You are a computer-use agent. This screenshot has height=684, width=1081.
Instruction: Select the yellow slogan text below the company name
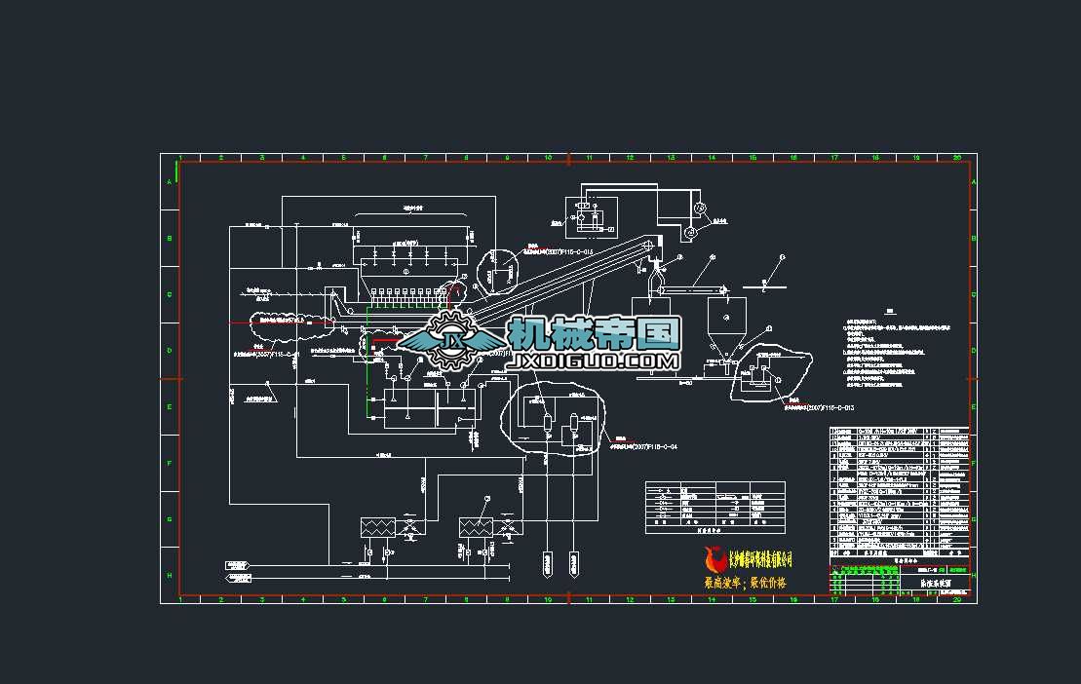pyautogui.click(x=745, y=583)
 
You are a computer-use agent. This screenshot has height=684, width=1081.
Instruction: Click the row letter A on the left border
pyautogui.click(x=170, y=182)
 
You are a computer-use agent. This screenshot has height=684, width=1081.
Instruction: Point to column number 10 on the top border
pyautogui.click(x=549, y=157)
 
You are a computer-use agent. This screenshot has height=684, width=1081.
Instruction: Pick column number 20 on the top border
pyautogui.click(x=957, y=157)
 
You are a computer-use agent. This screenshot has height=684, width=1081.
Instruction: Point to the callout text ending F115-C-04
pyautogui.click(x=643, y=445)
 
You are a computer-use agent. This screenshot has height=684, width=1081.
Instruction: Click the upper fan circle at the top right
pyautogui.click(x=699, y=208)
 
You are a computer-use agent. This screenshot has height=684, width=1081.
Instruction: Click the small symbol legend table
pyautogui.click(x=714, y=506)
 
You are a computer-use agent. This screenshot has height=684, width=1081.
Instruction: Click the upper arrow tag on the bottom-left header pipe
pyautogui.click(x=236, y=564)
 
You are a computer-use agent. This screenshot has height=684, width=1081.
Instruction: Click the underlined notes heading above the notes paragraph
pyautogui.click(x=889, y=313)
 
